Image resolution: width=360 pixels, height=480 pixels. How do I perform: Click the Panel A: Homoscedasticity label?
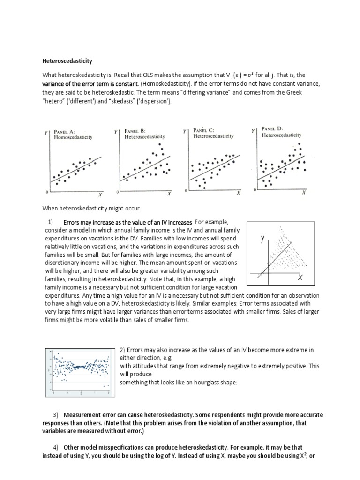pyautogui.click(x=74, y=135)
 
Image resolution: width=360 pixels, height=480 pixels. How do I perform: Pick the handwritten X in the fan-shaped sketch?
pyautogui.click(x=299, y=278)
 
